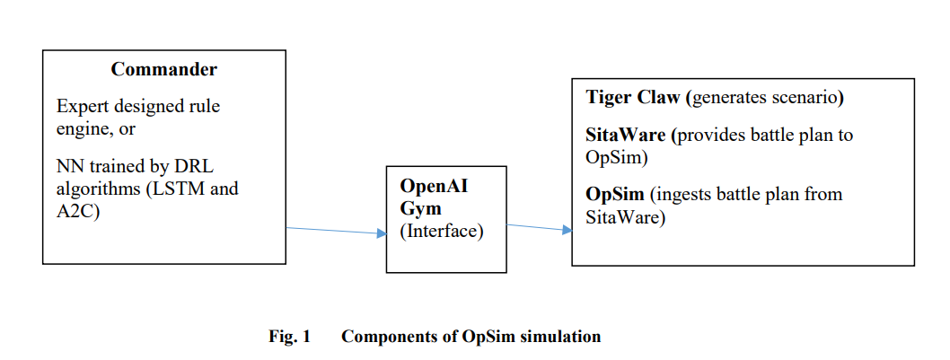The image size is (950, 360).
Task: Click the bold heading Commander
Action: coord(163,69)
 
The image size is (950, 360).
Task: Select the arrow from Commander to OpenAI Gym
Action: coord(336,231)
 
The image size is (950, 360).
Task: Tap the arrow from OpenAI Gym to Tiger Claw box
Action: coord(540,227)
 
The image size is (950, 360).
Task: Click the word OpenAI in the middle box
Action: coord(434,186)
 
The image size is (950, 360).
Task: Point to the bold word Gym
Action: coord(420,209)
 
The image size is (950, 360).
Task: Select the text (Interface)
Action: coord(442,232)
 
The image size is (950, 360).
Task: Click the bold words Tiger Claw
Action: coord(632,98)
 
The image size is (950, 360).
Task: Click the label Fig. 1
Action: coord(290,337)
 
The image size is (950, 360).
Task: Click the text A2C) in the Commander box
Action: coord(77,213)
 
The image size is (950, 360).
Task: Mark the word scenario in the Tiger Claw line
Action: coord(808,98)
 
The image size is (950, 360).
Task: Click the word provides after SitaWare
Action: coord(706,136)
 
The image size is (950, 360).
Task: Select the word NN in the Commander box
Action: coord(68,165)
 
